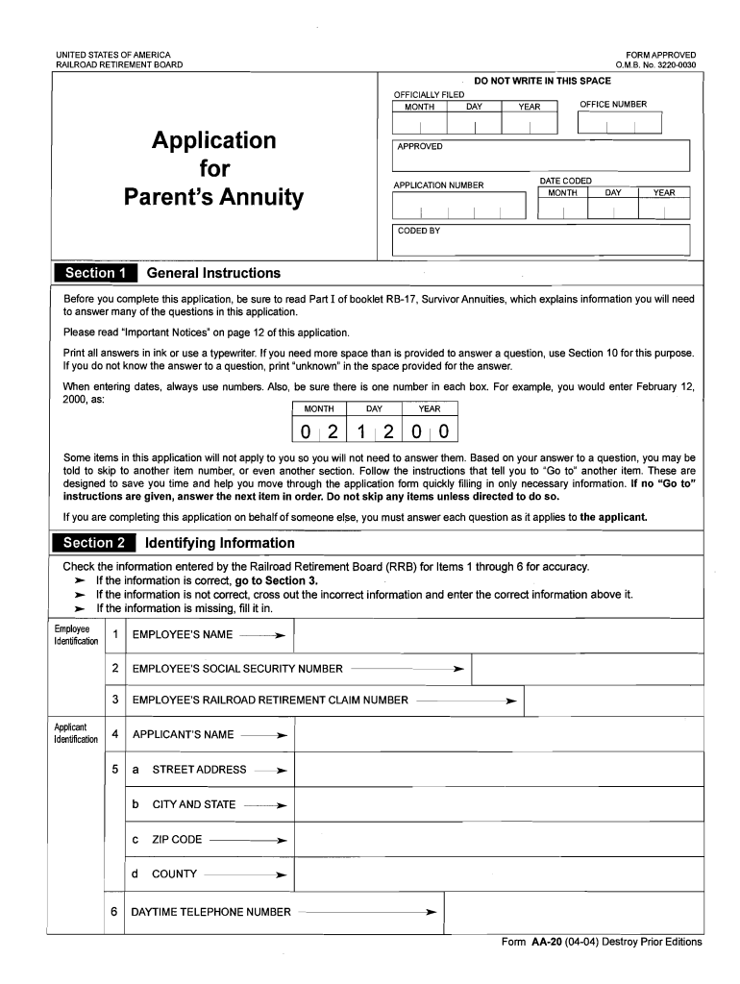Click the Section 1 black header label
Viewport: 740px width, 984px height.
click(95, 273)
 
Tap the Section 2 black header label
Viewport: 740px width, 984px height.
click(95, 543)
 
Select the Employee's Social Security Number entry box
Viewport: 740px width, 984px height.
click(587, 668)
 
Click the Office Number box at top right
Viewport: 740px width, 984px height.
click(619, 123)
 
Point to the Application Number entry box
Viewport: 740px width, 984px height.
click(459, 206)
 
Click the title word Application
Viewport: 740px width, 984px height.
click(213, 141)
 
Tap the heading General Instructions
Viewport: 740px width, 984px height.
click(213, 273)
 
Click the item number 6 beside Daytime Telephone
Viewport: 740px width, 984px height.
click(114, 911)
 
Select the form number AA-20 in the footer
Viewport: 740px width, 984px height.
click(547, 942)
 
